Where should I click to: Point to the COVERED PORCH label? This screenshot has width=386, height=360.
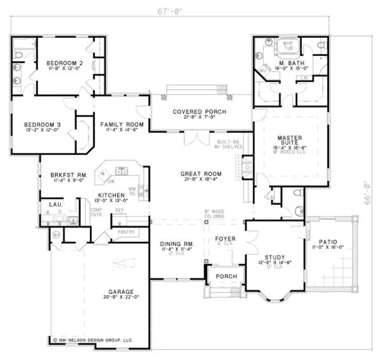point(200,112)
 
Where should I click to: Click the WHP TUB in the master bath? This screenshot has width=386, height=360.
point(288,47)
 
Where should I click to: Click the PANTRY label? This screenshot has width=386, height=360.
point(125,232)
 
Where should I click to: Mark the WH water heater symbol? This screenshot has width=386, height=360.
point(56,234)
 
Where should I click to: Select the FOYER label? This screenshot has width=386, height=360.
point(224,238)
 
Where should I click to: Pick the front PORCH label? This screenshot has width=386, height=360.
point(226,276)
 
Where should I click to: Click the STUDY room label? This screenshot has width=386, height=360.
point(275,257)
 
